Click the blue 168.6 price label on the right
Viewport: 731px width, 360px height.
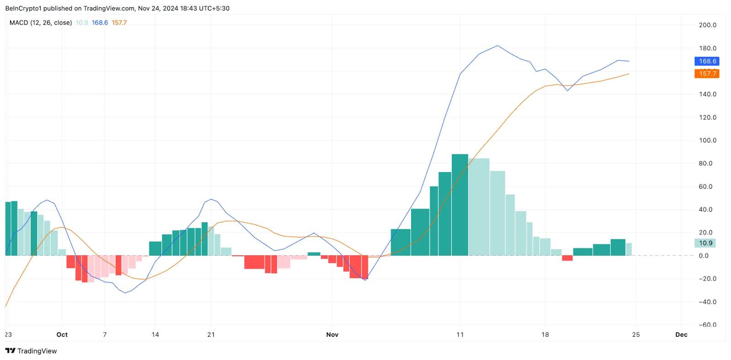click(x=707, y=61)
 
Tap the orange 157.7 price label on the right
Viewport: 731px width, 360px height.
click(x=707, y=74)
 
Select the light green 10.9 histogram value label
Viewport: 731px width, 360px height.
click(x=705, y=243)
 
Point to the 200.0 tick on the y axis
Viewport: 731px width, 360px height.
click(x=707, y=25)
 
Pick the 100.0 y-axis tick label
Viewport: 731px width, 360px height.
click(x=707, y=140)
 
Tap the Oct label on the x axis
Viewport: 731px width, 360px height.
click(x=62, y=334)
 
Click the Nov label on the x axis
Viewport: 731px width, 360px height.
click(x=332, y=334)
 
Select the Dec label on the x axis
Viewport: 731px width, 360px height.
click(x=681, y=334)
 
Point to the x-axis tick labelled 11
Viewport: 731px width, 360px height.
click(x=460, y=334)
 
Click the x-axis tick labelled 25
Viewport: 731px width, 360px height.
click(x=636, y=334)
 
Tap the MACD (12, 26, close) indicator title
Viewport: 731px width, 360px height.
click(x=41, y=22)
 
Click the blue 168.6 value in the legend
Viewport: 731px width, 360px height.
click(x=100, y=22)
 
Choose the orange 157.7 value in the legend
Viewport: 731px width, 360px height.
click(x=119, y=22)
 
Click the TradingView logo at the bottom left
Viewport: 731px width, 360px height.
click(x=31, y=351)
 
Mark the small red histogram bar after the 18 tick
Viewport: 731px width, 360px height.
click(x=567, y=258)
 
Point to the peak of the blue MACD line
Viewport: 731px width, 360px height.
click(x=498, y=46)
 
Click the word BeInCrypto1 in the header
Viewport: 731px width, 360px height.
click(x=23, y=8)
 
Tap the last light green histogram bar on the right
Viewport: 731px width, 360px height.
click(x=629, y=249)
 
